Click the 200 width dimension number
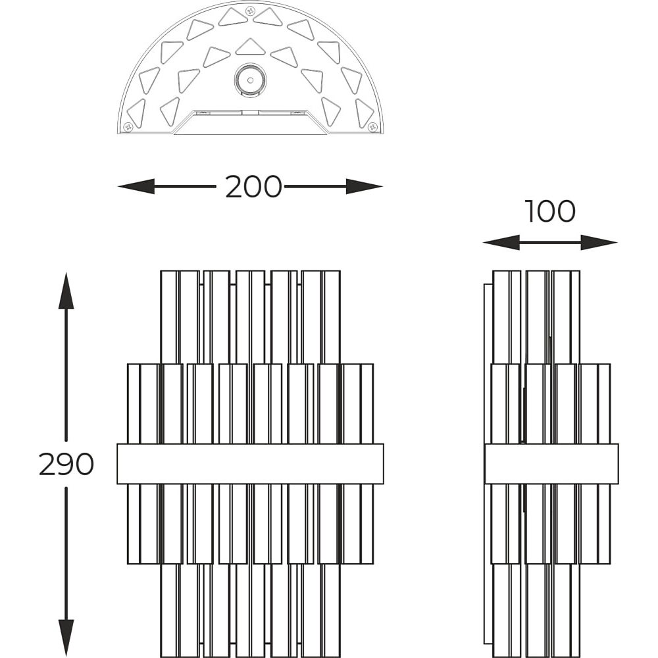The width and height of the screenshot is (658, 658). [253, 187]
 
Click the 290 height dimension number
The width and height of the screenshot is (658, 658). [66, 464]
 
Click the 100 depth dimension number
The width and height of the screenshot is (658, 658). [549, 211]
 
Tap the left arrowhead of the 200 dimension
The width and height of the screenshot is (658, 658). [136, 186]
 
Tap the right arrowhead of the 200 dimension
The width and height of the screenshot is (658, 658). [365, 186]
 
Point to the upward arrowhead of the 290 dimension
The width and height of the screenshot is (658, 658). [66, 290]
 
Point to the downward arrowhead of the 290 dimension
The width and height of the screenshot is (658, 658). [66, 638]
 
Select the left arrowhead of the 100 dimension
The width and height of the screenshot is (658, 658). [501, 243]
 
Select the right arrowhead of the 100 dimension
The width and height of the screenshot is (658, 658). [599, 243]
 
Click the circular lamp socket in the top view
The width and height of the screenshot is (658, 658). [250, 80]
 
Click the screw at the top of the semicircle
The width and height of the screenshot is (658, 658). [251, 11]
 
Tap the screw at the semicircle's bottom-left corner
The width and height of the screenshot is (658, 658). [128, 126]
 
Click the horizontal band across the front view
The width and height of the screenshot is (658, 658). [250, 464]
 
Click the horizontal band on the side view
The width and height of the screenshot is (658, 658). [551, 464]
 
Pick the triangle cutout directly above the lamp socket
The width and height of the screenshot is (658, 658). [251, 47]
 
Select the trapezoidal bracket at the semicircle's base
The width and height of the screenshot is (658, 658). [251, 122]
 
